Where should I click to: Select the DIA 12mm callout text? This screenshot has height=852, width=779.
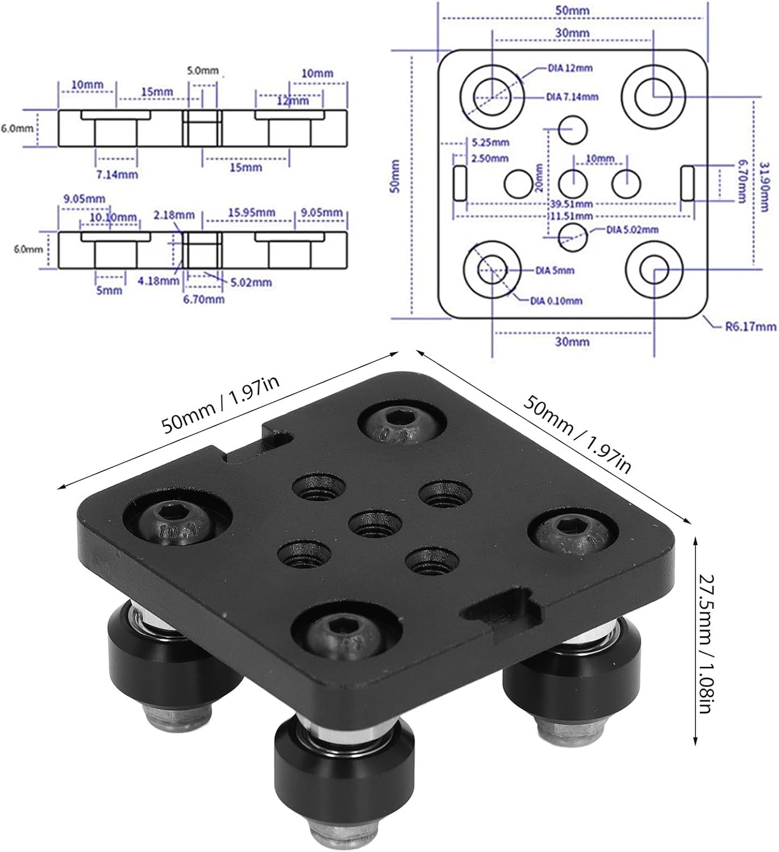point(570,68)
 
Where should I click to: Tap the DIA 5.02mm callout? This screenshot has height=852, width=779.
point(624,230)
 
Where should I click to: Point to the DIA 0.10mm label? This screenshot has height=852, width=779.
point(556,300)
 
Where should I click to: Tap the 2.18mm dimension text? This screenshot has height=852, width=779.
point(174,215)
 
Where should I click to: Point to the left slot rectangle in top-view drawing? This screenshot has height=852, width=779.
point(460,183)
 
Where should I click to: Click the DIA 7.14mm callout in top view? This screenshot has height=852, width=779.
point(572,97)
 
